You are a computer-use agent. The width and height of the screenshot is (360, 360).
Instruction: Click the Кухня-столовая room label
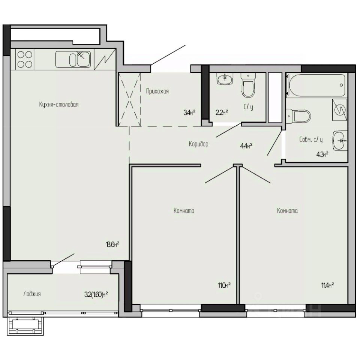pyautogui.click(x=58, y=105)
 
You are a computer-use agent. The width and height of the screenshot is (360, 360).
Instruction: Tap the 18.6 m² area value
pyautogui.click(x=112, y=244)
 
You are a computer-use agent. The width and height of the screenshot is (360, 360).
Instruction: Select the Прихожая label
pyautogui.click(x=157, y=91)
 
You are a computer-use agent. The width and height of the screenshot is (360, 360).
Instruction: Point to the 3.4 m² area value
pyautogui.click(x=189, y=111)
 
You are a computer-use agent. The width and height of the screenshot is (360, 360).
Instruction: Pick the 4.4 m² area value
pyautogui.click(x=246, y=146)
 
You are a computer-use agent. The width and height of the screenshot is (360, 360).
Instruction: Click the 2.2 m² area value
pyautogui.click(x=222, y=111)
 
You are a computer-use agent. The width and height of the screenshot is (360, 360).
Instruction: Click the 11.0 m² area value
pyautogui.click(x=223, y=285)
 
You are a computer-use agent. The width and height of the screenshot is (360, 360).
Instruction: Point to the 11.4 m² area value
pyautogui.click(x=327, y=285)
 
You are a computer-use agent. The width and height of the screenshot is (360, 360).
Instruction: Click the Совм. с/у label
pyautogui.click(x=311, y=139)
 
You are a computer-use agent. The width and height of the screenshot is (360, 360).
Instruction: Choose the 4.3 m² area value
pyautogui.click(x=322, y=153)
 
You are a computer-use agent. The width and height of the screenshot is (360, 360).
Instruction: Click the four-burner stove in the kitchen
pyautogui.click(x=24, y=59)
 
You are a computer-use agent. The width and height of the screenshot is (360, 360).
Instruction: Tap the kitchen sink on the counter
pyautogui.click(x=73, y=59)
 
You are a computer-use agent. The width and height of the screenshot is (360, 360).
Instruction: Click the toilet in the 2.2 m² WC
pyautogui.click(x=248, y=86)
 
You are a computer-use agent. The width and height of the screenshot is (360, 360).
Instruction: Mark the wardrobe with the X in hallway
pyautogui.click(x=129, y=99)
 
